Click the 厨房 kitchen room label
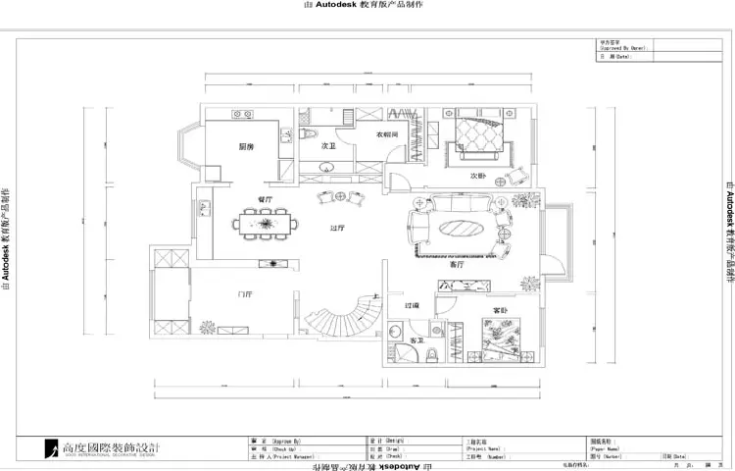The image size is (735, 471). (x=246, y=146)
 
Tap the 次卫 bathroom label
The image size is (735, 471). (x=329, y=145)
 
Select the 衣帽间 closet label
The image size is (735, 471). (x=385, y=133)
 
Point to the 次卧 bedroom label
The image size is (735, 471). (x=478, y=176)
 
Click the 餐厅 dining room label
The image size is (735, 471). (x=265, y=199)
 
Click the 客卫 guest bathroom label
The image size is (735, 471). (x=416, y=367)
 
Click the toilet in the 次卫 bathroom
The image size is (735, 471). (x=308, y=133)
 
